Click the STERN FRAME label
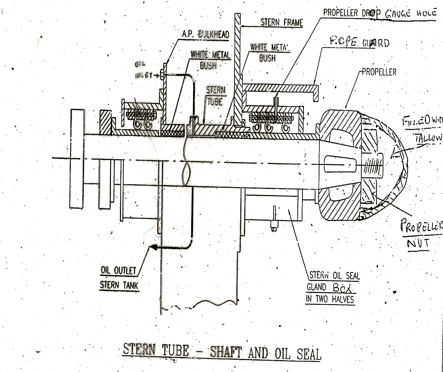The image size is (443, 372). (x=281, y=23)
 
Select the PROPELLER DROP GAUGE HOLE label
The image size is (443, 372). (x=379, y=13)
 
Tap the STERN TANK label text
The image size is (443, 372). (x=119, y=285)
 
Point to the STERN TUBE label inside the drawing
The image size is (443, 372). (x=215, y=95)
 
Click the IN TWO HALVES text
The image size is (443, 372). (x=330, y=299)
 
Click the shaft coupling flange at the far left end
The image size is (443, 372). (x=76, y=159)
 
